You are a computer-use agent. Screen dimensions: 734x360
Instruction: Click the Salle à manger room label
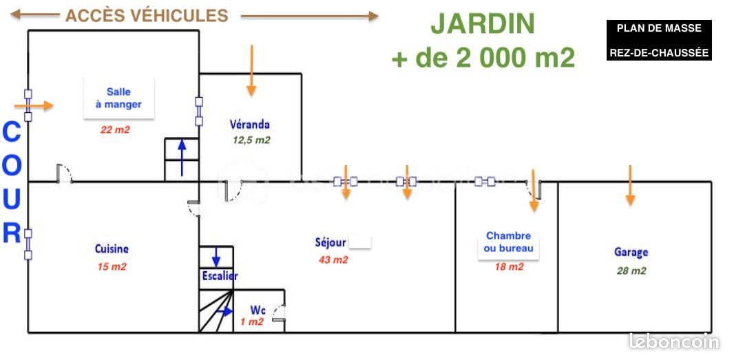point(118,98)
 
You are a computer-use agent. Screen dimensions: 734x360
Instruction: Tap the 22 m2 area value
point(115,130)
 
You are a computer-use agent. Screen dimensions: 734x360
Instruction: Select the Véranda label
point(250,125)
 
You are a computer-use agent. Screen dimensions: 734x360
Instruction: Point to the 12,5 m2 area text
point(251,140)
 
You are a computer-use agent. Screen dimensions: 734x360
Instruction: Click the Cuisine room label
point(112,248)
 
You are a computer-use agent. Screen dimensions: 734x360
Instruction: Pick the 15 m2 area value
point(112,267)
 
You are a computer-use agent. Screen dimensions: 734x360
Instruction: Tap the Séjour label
point(331,242)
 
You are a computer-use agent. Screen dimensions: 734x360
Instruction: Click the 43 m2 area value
point(333,260)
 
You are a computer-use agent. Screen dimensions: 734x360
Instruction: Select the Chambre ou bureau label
point(508,242)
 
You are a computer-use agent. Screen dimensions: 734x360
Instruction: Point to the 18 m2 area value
point(510,267)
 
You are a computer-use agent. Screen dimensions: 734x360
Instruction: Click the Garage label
point(631,253)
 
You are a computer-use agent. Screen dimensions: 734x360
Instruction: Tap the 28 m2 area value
point(631,271)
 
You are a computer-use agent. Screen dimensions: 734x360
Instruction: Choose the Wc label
point(258,310)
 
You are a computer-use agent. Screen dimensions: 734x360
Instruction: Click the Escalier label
point(220,276)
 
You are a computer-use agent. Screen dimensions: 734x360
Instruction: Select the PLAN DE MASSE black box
point(659,40)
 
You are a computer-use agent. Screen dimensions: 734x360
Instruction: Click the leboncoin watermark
point(674,341)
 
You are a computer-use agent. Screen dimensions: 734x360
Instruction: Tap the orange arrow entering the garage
point(630,185)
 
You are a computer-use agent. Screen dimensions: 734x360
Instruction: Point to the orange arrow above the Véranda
point(251,70)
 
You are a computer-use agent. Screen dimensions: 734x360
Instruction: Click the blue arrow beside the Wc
point(224,311)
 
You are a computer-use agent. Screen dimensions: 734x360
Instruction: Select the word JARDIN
point(483,24)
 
